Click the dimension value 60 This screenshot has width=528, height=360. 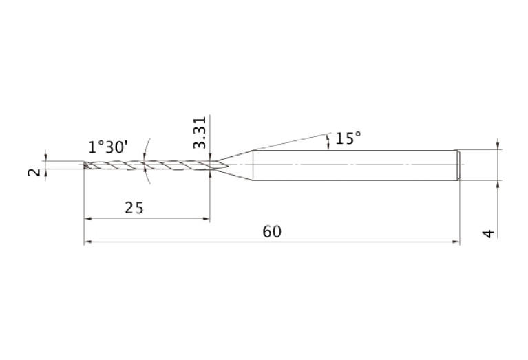(272, 232)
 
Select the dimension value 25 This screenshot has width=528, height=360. (134, 208)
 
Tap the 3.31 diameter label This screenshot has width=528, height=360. (200, 132)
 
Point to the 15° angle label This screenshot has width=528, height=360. (348, 138)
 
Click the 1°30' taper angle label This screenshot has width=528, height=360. (108, 147)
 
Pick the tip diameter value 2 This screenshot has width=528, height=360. (34, 172)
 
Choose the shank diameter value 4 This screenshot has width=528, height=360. (489, 233)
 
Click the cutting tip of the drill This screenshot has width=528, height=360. (85, 165)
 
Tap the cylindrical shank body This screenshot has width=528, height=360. (355, 165)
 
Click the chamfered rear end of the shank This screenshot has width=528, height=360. (458, 165)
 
